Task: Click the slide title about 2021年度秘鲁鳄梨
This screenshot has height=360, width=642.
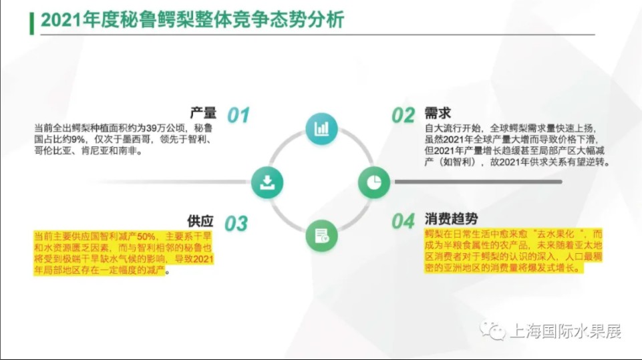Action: coord(192,20)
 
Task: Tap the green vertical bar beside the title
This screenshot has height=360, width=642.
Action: coord(31,23)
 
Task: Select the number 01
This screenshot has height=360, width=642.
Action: coord(238,115)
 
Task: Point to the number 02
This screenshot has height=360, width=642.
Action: coord(404,115)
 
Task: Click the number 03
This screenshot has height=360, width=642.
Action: coord(236,224)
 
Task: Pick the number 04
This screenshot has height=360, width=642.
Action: coord(404,222)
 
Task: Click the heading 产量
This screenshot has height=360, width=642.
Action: coord(203,113)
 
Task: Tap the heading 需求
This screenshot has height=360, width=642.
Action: coord(438,113)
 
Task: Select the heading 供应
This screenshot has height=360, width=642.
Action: coord(200,221)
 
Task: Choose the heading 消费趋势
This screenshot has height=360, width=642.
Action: coord(451,219)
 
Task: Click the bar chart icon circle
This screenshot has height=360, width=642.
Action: coord(321,129)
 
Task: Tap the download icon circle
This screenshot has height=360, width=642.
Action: coord(267,182)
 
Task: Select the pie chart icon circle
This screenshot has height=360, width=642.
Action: coord(374,182)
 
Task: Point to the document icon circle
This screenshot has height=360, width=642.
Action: coord(321,236)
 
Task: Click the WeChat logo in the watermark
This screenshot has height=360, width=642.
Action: coord(492,330)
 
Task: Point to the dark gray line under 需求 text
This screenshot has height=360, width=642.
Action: coord(478,182)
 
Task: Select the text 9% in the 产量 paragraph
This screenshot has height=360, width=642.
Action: coord(77,140)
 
